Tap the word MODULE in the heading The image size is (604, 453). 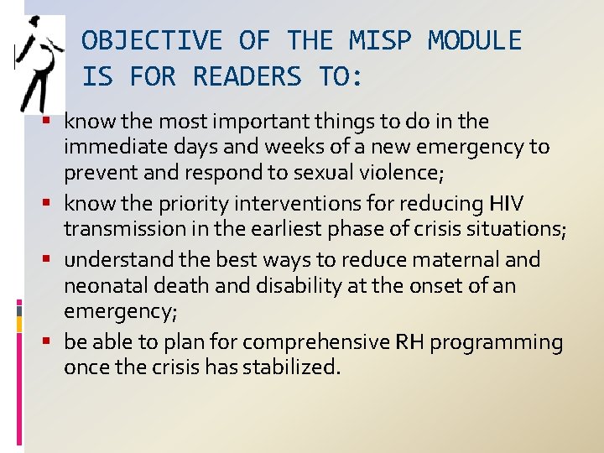coord(475,40)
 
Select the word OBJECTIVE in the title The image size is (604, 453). coord(152,40)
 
